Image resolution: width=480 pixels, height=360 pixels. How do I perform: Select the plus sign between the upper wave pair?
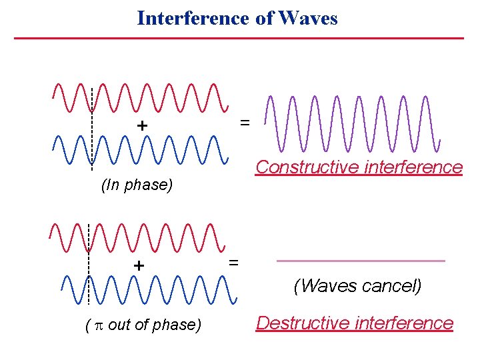coord(141,125)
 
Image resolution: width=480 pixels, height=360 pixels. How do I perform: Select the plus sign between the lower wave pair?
coord(139,265)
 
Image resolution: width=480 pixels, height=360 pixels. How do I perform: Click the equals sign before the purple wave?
coord(245,123)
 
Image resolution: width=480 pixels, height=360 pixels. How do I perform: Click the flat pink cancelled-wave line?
coord(360,261)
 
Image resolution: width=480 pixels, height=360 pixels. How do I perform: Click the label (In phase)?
coord(137,185)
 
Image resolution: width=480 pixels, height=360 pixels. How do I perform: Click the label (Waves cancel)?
coord(358,287)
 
